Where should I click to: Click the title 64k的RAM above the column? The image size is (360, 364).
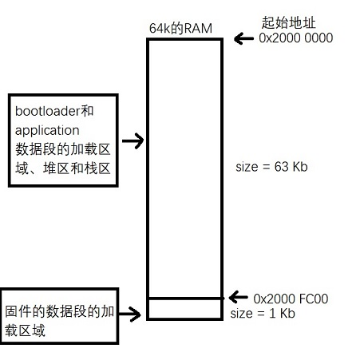180,28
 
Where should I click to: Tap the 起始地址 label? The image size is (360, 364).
288,22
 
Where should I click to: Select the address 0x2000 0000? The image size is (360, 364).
296,38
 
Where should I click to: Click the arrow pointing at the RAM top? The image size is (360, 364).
243,38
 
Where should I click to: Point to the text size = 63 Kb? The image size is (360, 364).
271,167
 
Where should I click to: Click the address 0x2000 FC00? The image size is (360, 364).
291,299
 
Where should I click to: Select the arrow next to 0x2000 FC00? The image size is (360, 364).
239,297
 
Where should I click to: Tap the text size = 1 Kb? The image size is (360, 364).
263,313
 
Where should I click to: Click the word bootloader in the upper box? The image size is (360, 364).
47,111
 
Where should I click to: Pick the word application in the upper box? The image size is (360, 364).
47,131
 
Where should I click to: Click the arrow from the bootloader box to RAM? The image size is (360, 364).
133,140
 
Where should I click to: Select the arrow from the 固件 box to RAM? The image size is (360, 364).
129,314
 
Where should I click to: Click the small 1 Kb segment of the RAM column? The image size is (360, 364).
184,309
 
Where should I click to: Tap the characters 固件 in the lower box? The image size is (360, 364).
18,311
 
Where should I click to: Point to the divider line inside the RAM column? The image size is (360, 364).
184,299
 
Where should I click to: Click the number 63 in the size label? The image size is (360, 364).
282,167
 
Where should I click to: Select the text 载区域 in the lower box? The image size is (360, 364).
25,330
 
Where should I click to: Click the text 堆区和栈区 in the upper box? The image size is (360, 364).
77,168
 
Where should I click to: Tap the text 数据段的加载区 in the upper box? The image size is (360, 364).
63,149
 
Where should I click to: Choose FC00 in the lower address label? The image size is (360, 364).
314,299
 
